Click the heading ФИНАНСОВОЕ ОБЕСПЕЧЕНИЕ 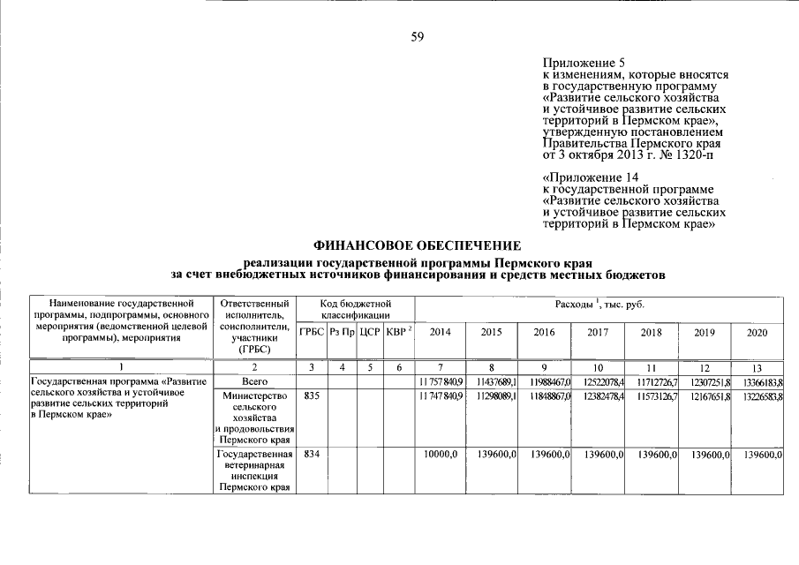click(x=418, y=245)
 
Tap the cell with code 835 click(x=310, y=397)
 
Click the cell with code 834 click(x=310, y=454)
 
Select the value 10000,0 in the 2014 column click(x=441, y=454)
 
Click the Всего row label click(x=253, y=380)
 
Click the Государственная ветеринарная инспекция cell click(x=253, y=470)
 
